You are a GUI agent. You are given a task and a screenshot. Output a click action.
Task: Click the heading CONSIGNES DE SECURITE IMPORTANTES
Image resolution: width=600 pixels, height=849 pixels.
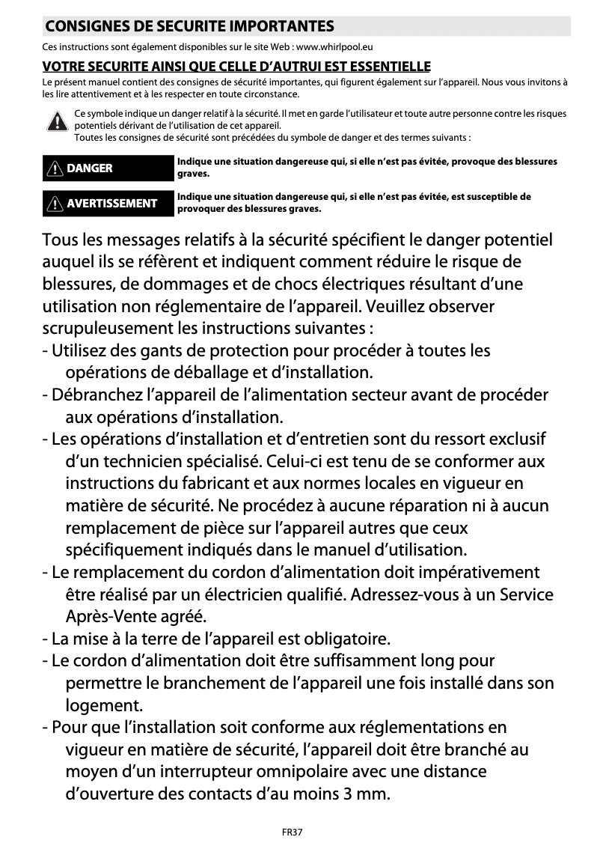[x=189, y=27]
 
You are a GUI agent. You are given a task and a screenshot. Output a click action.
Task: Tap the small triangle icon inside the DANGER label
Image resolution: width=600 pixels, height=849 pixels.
[x=55, y=168]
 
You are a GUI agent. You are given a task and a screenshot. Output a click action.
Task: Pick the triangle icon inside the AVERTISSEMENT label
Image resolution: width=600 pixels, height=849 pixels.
[x=55, y=203]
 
